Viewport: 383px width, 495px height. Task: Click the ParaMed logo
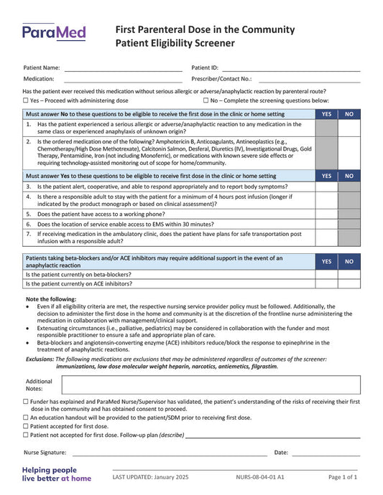pos(54,32)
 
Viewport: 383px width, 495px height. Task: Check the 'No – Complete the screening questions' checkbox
pos(206,101)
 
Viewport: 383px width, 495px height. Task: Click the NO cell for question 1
pos(349,128)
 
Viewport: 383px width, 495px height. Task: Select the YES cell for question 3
pos(326,186)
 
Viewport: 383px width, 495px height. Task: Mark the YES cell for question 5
pos(326,214)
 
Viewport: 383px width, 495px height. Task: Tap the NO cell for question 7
pos(349,237)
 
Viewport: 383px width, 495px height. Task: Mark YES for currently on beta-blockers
pos(326,274)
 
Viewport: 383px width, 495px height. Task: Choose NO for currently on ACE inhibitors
pos(349,283)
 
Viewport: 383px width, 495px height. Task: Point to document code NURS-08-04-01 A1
pos(259,477)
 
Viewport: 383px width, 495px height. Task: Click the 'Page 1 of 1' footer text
pos(343,477)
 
